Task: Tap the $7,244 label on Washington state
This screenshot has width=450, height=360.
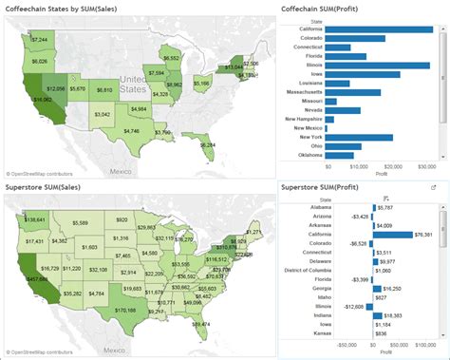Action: (x=38, y=40)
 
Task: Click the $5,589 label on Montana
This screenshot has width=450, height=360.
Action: (x=80, y=223)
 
